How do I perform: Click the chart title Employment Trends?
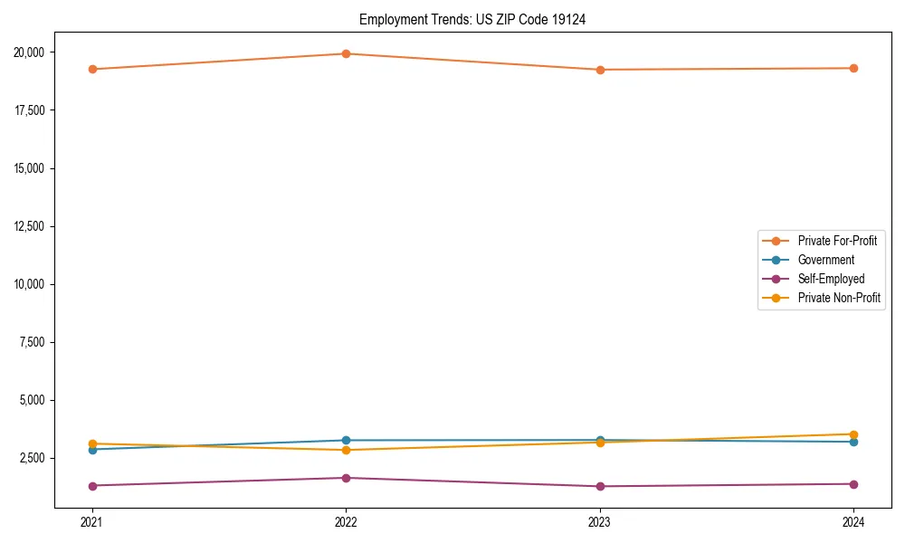coord(472,20)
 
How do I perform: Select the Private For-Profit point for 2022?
coord(346,54)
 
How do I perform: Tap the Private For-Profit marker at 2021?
coord(91,70)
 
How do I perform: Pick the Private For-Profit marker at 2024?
coord(853,69)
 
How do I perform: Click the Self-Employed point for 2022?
coord(346,478)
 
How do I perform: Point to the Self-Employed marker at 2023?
coord(600,487)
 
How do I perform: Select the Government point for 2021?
coord(91,450)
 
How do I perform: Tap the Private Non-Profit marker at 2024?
coord(853,434)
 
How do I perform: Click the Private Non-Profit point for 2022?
coord(346,451)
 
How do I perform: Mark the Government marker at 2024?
coord(853,442)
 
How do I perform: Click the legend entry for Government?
coord(825,260)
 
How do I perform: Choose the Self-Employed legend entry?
coord(831,279)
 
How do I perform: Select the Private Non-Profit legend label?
coord(839,298)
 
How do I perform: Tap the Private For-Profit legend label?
coord(837,241)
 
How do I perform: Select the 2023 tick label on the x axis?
coord(600,522)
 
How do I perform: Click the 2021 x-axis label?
coord(91,522)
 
